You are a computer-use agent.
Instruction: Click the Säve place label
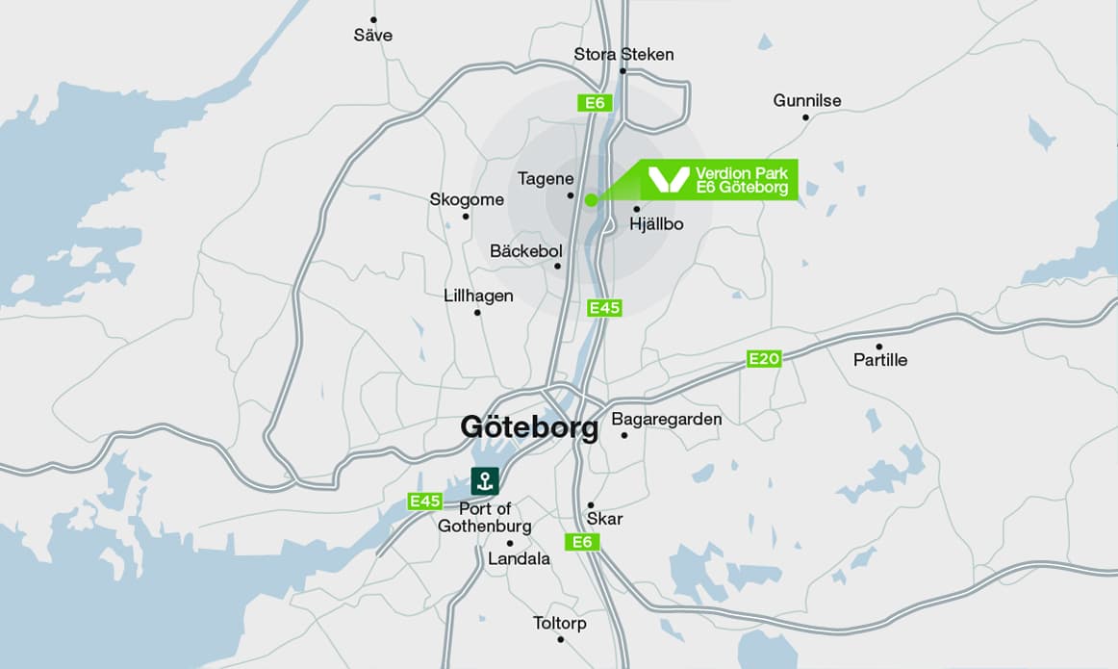coord(373,36)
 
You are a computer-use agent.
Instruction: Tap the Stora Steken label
coord(623,54)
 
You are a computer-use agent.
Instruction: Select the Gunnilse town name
coord(807,100)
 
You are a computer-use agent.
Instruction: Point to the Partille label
coord(880,360)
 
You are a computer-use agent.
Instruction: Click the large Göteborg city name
coord(529,426)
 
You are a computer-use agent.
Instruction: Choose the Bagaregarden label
coord(667,419)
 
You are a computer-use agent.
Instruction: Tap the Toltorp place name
coord(560,624)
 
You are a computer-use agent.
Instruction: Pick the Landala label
coord(520,558)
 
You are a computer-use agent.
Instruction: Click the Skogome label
coord(467,199)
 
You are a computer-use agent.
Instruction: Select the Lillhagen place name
coord(478,296)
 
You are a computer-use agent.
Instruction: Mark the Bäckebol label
coord(525,250)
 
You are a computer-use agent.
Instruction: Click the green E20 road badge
coord(765,359)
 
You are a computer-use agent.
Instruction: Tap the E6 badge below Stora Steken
coord(595,102)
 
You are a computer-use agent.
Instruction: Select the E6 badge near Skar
coord(582,542)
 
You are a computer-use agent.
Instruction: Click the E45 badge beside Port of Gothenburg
coord(424,501)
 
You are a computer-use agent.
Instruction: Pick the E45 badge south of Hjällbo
coord(605,308)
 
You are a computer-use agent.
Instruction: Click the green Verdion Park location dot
coord(590,200)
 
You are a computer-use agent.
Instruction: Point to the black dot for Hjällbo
coord(636,209)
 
